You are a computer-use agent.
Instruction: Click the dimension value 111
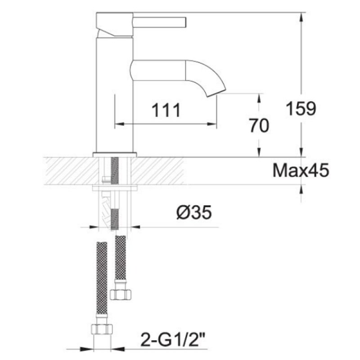(165, 110)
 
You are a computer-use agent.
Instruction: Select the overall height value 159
(301, 108)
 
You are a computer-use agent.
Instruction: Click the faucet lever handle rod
(160, 21)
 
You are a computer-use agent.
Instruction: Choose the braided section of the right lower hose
(120, 256)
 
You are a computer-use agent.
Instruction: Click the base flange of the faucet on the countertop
(115, 155)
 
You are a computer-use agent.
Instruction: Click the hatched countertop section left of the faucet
(67, 171)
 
